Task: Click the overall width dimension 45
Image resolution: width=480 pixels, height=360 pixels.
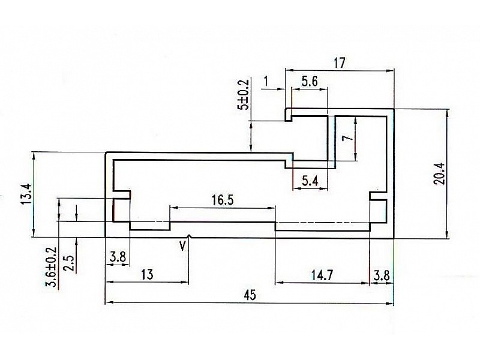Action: [250, 295]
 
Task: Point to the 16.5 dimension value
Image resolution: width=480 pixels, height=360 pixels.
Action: [223, 200]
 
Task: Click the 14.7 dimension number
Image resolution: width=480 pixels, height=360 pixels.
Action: [322, 275]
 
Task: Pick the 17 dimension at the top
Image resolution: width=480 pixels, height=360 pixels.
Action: [340, 63]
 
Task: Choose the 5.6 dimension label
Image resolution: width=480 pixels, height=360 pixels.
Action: [310, 82]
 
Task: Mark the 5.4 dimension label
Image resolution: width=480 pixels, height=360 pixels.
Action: [310, 181]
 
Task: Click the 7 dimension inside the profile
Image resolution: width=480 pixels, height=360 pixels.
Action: [348, 138]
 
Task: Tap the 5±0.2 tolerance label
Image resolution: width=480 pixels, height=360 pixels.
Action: [244, 95]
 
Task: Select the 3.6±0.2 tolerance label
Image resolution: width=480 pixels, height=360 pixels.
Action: [51, 267]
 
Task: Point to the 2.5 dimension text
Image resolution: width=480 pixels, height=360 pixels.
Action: [68, 263]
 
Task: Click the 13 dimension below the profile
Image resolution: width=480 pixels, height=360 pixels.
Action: [147, 274]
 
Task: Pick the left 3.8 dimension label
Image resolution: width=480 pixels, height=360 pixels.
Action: [118, 257]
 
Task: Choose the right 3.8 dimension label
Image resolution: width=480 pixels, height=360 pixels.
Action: [382, 276]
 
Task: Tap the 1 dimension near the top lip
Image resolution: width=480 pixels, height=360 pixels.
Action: [266, 82]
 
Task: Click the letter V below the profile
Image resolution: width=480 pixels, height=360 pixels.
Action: [182, 246]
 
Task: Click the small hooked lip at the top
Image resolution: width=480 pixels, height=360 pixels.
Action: [288, 115]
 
